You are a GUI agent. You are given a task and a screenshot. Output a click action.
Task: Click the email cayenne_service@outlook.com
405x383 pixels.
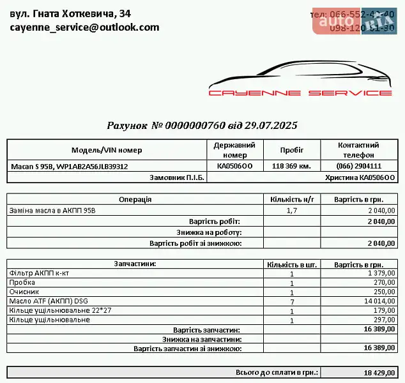[x=84, y=27]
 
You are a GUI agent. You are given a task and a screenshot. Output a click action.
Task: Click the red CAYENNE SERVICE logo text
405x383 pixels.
[x=300, y=93]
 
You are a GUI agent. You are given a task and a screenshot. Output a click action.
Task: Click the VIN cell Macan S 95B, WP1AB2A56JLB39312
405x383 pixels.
[x=69, y=166]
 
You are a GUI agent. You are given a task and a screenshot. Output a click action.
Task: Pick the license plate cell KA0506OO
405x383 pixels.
[x=234, y=166]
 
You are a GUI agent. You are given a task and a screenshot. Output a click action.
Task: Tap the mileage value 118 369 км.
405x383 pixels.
[x=291, y=166]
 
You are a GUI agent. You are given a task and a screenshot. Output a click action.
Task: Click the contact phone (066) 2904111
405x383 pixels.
[x=358, y=166]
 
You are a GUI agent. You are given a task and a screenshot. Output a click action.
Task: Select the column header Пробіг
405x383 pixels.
[x=291, y=150]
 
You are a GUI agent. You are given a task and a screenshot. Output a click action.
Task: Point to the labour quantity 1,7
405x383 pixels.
[x=292, y=210]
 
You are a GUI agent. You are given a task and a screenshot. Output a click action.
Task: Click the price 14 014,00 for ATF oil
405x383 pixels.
[x=379, y=301]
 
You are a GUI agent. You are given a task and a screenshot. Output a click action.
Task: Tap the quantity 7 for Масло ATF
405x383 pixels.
[x=292, y=301]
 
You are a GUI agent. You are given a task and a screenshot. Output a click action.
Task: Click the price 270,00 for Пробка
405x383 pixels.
[x=384, y=282]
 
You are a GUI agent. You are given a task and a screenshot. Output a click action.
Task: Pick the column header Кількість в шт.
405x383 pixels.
[x=292, y=264]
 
